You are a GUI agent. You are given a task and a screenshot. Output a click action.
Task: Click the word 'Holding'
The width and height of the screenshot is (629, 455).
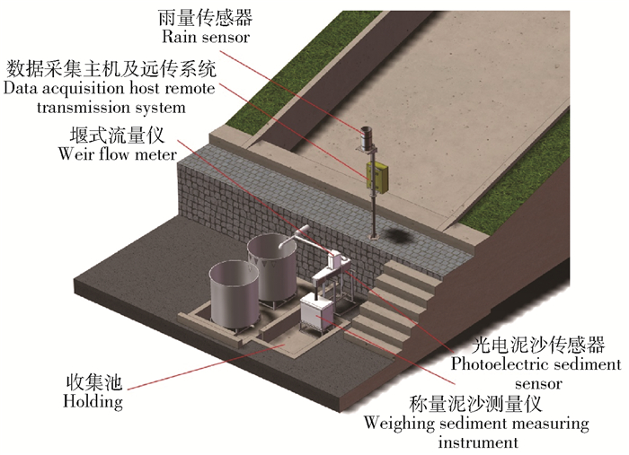point(92,401)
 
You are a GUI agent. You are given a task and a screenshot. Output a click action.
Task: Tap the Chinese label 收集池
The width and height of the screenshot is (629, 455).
point(92,381)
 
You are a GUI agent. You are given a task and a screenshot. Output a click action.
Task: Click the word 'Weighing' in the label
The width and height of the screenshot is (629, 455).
point(399,423)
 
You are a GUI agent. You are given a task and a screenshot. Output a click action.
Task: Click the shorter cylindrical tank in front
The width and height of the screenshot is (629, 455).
point(233,297)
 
